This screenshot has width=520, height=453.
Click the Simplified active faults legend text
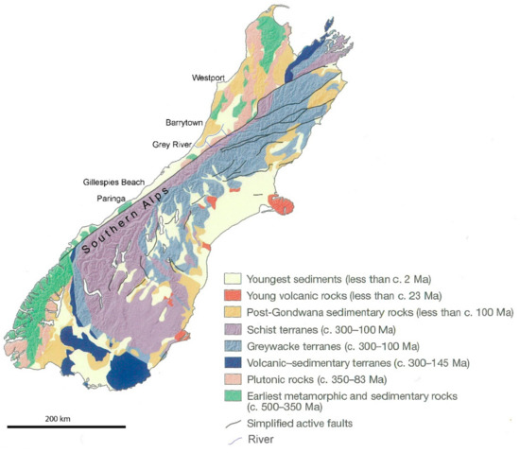[301, 423]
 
